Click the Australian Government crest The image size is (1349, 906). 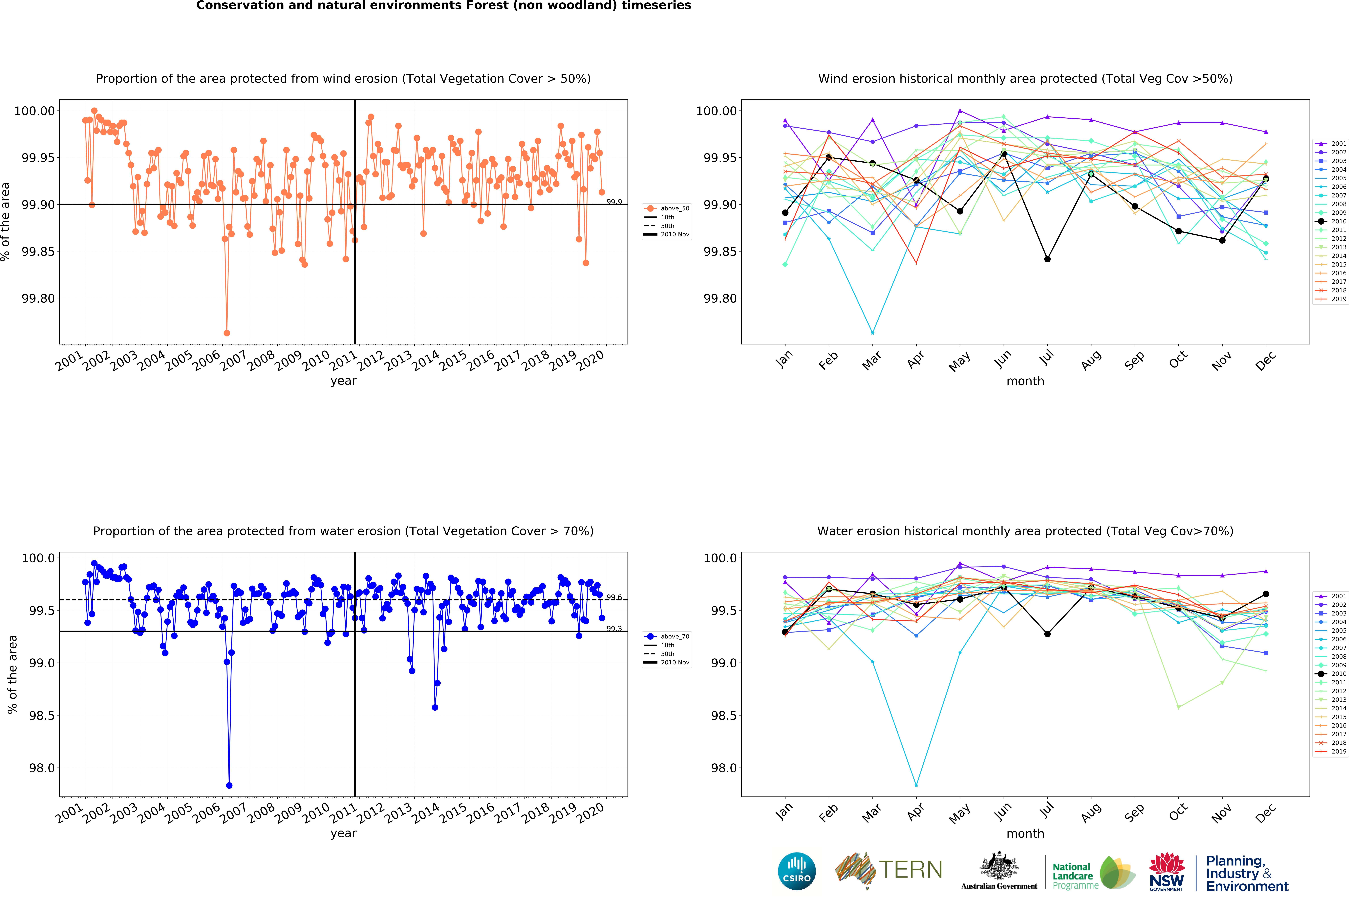pyautogui.click(x=999, y=867)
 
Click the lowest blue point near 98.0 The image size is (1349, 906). pyautogui.click(x=229, y=785)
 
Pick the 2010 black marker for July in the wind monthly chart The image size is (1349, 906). pyautogui.click(x=1047, y=259)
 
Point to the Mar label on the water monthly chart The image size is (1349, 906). pyautogui.click(x=872, y=812)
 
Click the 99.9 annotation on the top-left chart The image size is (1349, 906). pyautogui.click(x=614, y=202)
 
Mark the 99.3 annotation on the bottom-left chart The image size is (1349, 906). pyautogui.click(x=614, y=629)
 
